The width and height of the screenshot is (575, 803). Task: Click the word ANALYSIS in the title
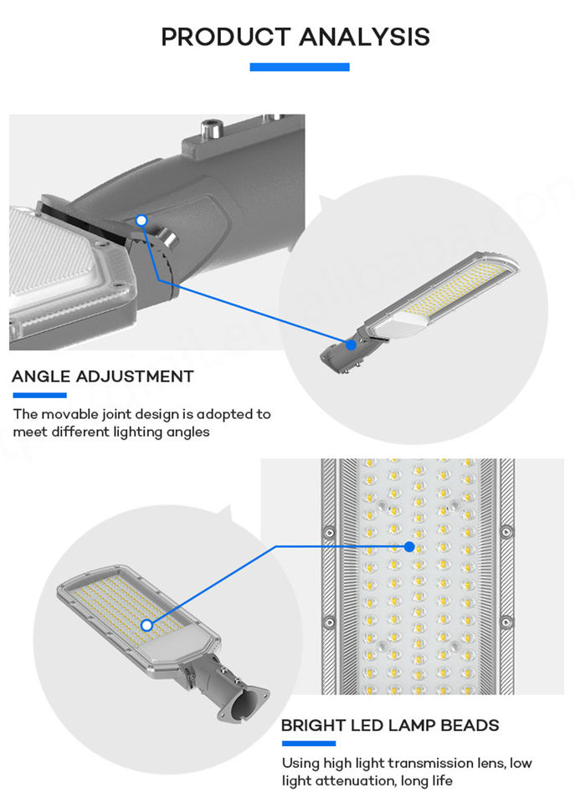(364, 37)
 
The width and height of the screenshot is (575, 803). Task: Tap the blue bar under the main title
(299, 67)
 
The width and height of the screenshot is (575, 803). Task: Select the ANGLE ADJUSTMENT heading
(102, 376)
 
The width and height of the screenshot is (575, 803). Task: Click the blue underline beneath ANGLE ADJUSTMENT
(39, 395)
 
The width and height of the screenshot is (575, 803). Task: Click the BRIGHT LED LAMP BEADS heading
(390, 725)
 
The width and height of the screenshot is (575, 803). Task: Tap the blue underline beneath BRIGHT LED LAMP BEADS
(308, 743)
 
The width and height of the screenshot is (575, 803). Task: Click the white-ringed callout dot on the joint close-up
(142, 221)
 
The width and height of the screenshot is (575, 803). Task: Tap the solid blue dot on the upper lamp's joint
(352, 343)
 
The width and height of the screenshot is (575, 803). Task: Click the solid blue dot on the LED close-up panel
(409, 547)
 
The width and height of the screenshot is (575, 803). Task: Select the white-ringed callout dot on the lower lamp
(146, 625)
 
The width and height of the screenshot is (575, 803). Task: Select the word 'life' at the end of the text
(439, 780)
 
